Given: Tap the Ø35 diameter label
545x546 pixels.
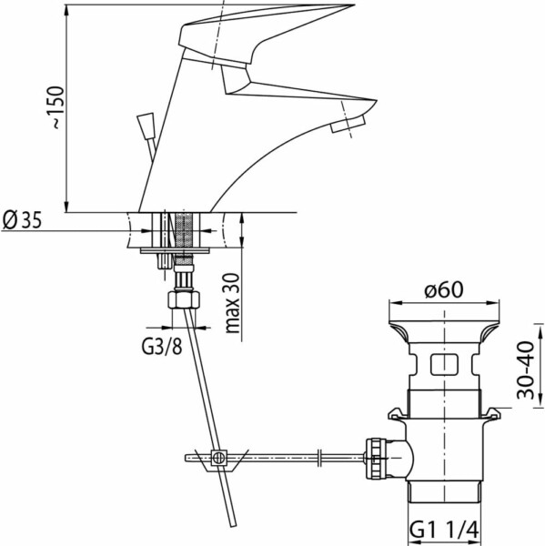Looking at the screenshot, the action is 22,220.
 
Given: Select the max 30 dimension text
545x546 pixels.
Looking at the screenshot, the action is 233,303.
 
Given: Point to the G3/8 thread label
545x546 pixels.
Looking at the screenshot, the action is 162,347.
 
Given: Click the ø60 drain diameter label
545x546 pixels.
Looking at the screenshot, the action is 444,289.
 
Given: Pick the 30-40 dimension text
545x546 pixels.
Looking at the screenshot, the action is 526,369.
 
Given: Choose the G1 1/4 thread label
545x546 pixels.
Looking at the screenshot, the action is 444,531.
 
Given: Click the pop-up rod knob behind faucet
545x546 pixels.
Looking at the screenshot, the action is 146,126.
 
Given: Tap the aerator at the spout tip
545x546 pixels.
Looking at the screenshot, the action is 348,124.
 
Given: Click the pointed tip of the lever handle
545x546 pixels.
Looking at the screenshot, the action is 354,5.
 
